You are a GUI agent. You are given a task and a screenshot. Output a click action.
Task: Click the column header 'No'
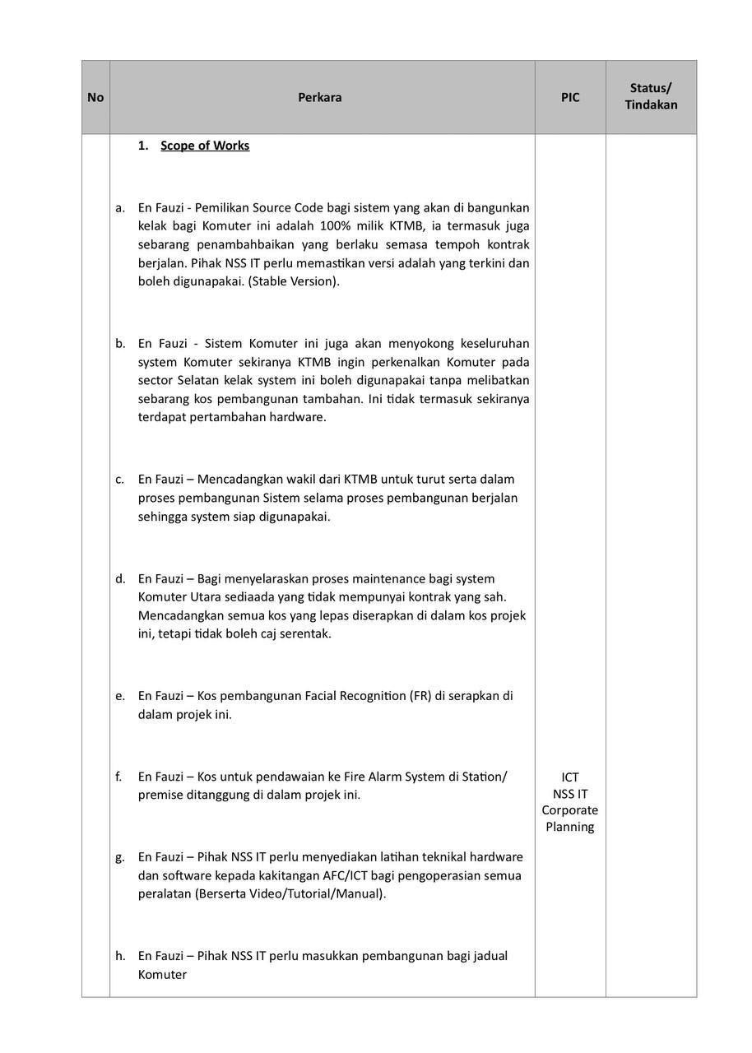click(95, 97)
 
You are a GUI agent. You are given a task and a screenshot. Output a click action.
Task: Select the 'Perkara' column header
click(320, 97)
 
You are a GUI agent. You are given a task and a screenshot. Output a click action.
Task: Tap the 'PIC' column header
click(570, 97)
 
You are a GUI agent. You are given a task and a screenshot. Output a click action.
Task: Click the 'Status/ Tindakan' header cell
click(651, 96)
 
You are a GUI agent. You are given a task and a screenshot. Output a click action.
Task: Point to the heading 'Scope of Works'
click(205, 146)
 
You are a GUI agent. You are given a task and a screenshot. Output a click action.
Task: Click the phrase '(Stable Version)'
click(293, 281)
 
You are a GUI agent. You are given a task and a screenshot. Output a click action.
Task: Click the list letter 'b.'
click(120, 344)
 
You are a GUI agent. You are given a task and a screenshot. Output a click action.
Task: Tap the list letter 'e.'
click(120, 696)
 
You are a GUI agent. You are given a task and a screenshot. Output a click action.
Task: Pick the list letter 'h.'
click(120, 956)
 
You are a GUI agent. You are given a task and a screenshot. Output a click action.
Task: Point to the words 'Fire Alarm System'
click(384, 777)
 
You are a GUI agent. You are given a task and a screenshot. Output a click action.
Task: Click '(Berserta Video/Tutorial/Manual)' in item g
click(290, 894)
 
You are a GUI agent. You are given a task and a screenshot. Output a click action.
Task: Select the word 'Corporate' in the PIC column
click(569, 810)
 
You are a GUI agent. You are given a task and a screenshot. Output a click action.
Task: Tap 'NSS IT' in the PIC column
click(570, 794)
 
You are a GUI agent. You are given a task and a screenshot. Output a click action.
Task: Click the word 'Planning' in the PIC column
click(569, 827)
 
